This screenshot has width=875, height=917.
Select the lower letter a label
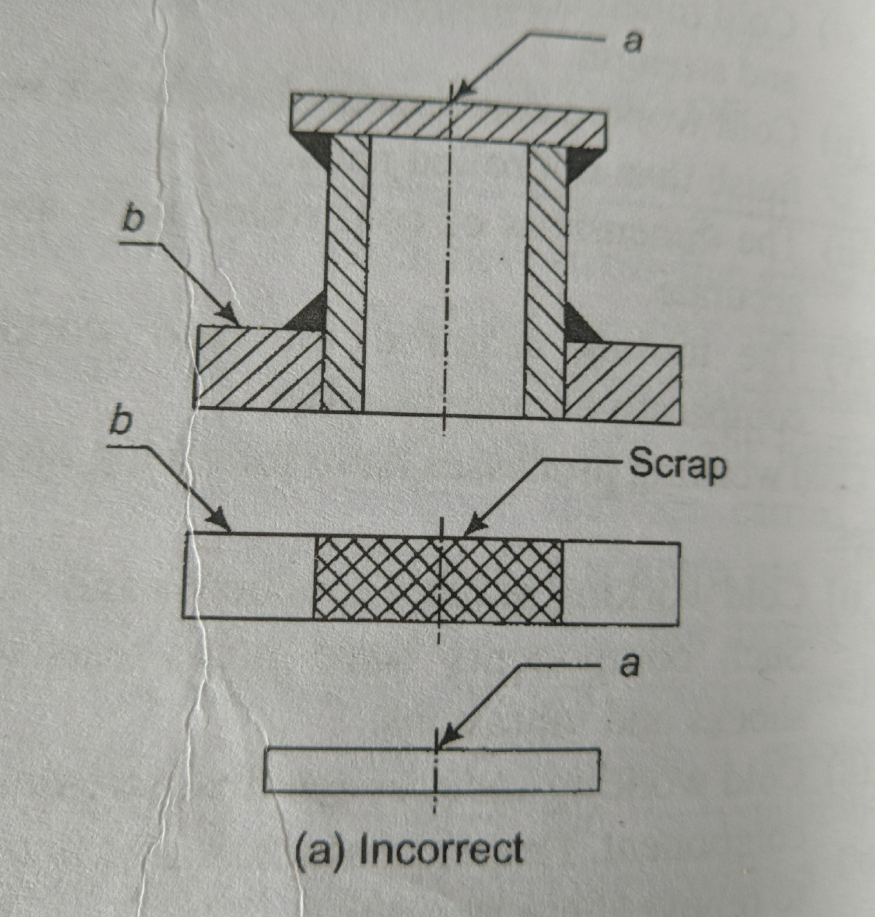(x=628, y=665)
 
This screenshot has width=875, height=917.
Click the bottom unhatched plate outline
(x=432, y=770)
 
